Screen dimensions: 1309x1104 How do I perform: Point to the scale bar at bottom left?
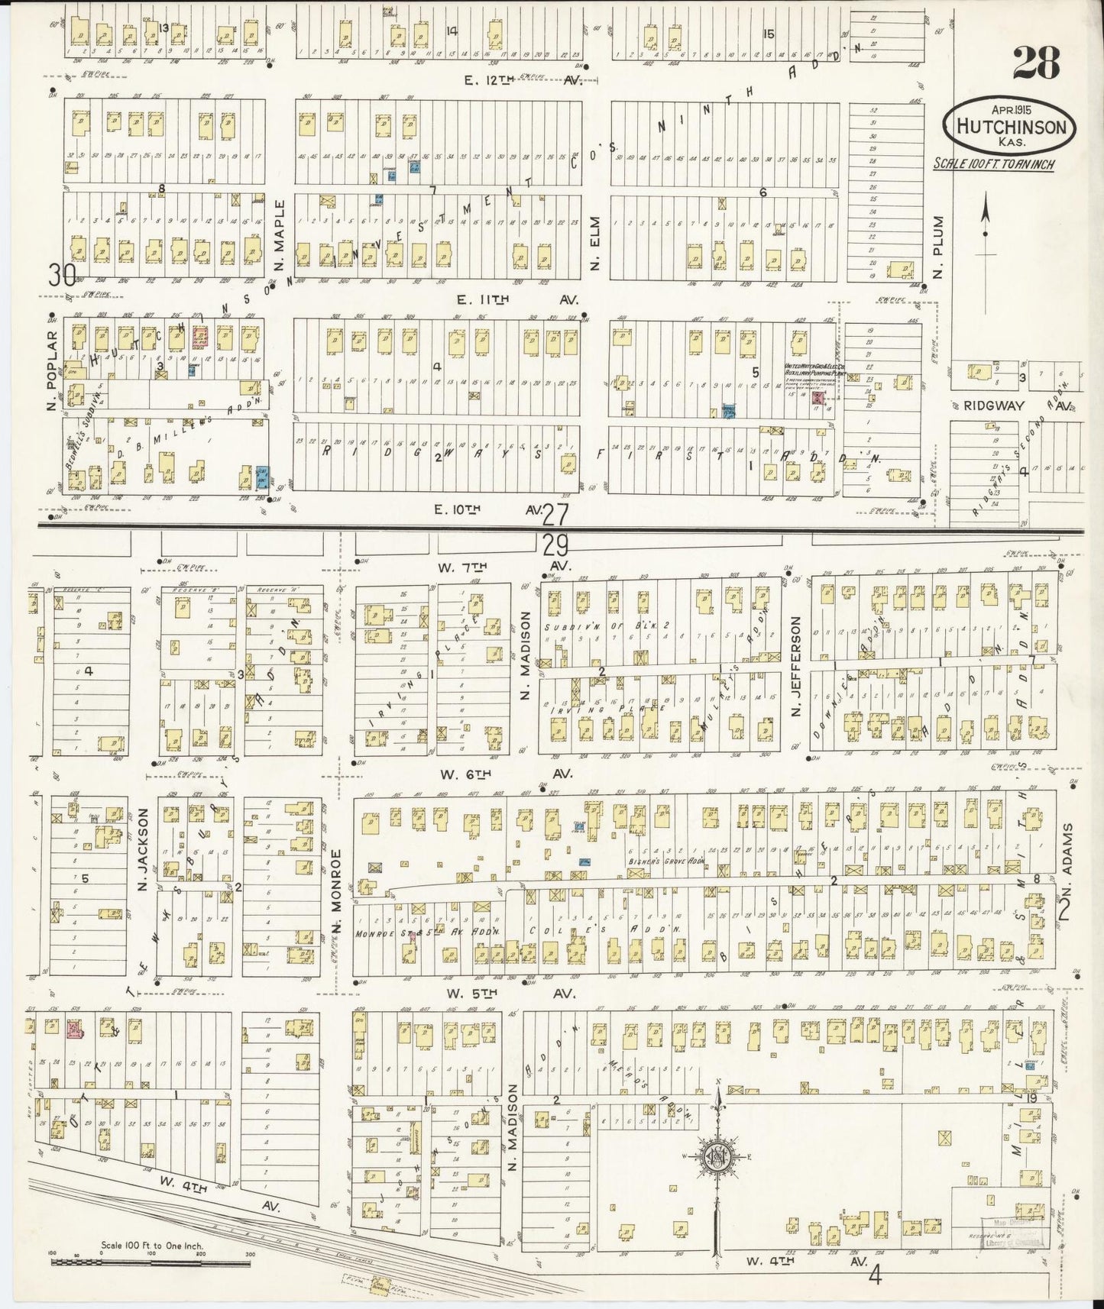coord(152,1261)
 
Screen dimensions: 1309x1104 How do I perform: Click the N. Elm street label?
coord(596,250)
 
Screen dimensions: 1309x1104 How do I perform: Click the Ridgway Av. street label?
coord(1018,406)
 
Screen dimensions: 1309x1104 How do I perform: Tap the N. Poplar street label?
coord(53,359)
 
